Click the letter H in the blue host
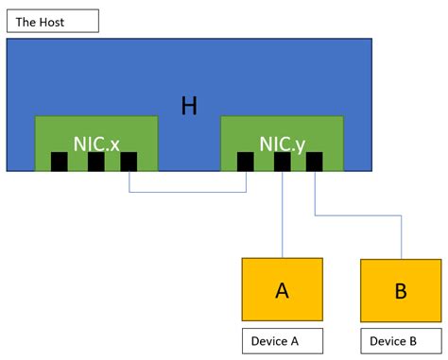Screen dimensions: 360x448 [x=189, y=106]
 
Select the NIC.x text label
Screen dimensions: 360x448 [x=95, y=144]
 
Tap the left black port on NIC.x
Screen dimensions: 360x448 [x=59, y=162]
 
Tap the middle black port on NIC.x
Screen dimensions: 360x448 [x=95, y=162]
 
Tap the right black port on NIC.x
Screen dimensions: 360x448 [x=129, y=162]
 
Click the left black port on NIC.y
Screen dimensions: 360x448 [x=245, y=162]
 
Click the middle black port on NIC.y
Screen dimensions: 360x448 [x=282, y=162]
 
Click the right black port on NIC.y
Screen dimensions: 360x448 [x=314, y=162]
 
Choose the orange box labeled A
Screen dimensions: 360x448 [x=282, y=290]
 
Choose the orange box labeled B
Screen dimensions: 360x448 [x=401, y=290]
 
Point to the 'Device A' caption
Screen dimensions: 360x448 [x=282, y=340]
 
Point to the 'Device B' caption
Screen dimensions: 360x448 [x=401, y=340]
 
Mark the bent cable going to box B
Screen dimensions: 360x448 [x=359, y=216]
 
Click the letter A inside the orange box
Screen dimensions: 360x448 [x=282, y=291]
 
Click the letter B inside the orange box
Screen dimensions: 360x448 [x=401, y=291]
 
